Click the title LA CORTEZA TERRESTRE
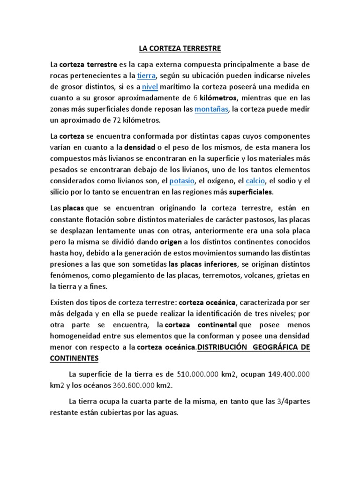coord(180,48)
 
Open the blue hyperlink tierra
coord(146,75)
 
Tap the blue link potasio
coord(182,181)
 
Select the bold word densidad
coord(140,147)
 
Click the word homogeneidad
coord(75,336)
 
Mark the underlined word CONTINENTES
coord(74,359)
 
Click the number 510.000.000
coord(197,375)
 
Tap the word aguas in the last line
coord(167,413)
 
